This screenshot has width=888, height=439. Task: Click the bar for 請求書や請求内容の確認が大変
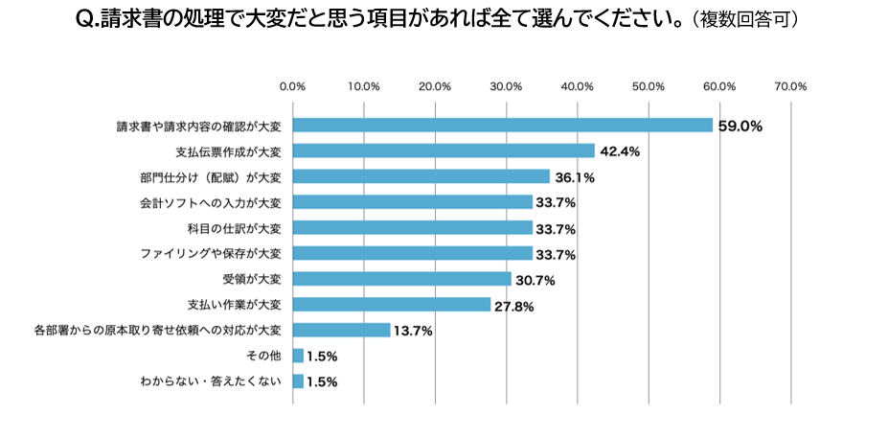[x=502, y=126]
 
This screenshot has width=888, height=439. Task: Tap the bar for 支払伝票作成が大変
[x=444, y=151]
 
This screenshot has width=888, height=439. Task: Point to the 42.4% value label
[x=621, y=151]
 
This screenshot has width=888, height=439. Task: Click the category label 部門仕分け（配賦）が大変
[x=210, y=176]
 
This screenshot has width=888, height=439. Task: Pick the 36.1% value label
[x=576, y=177]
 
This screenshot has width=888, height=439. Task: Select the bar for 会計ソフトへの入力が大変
[x=412, y=202]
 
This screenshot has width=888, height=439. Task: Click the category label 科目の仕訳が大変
[x=235, y=228]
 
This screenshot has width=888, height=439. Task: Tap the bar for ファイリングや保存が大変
[x=412, y=253]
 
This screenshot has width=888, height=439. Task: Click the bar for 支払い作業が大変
[x=392, y=305]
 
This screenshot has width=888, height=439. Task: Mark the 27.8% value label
[x=515, y=306]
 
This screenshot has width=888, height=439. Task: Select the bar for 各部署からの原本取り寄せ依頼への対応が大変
[x=341, y=330]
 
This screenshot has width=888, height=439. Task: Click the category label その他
[x=263, y=356]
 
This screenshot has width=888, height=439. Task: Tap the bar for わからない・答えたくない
[x=298, y=381]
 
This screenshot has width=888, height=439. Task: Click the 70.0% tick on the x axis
[x=791, y=86]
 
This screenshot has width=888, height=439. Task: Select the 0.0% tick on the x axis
[x=292, y=86]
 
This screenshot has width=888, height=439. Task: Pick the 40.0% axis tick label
[x=578, y=86]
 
